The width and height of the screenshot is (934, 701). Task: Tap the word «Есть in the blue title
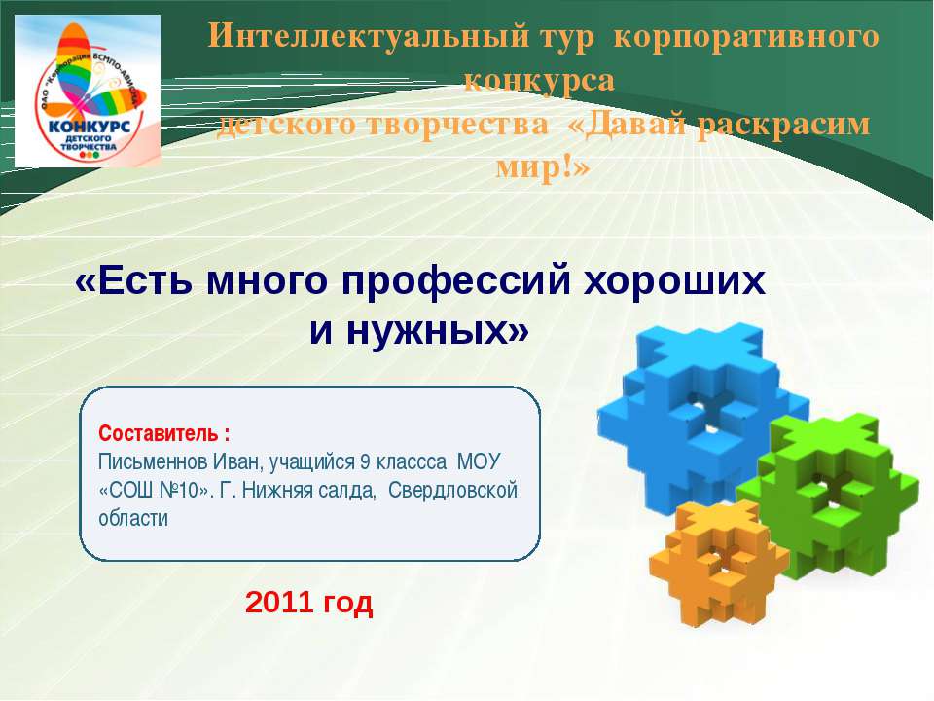click(x=128, y=283)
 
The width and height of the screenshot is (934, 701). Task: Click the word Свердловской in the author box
click(x=453, y=489)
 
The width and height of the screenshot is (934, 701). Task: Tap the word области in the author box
click(x=133, y=517)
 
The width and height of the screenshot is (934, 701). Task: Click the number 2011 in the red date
click(x=278, y=605)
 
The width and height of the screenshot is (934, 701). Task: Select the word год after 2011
click(x=347, y=605)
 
